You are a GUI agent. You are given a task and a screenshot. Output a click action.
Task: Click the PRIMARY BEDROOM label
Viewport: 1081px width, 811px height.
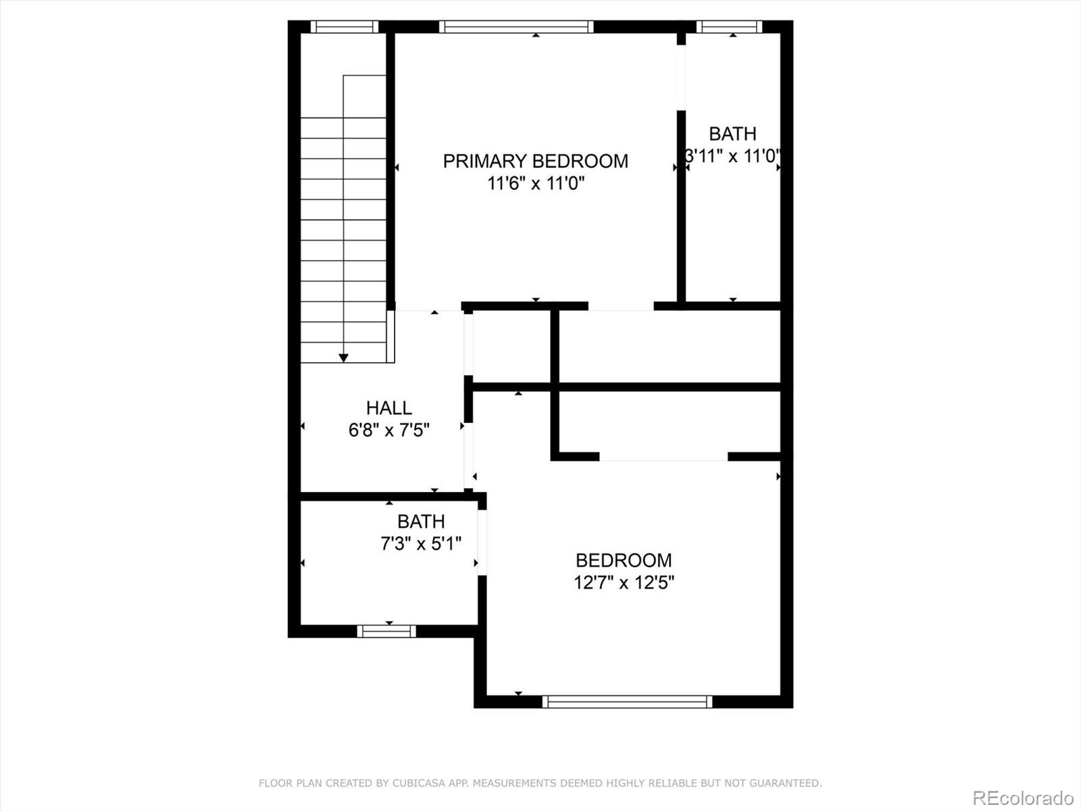point(535,161)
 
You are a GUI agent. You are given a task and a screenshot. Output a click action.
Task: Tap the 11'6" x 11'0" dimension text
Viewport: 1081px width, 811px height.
point(535,183)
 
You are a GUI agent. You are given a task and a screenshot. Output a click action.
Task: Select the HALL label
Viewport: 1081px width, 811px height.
point(388,408)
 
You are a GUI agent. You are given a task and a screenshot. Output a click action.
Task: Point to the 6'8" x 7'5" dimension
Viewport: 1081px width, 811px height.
point(388,430)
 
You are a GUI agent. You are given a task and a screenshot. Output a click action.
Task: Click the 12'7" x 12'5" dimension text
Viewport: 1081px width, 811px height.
point(624,582)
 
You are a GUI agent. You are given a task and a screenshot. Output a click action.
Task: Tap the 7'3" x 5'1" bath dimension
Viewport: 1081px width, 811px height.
point(421,543)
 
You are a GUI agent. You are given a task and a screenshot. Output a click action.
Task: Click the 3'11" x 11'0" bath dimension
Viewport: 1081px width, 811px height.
point(732,156)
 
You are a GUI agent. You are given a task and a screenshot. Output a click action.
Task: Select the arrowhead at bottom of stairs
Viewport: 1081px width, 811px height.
point(343,358)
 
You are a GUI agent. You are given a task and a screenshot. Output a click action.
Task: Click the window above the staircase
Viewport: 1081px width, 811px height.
point(344,27)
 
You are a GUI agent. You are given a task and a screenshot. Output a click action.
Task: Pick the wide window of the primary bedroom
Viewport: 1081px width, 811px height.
point(516,27)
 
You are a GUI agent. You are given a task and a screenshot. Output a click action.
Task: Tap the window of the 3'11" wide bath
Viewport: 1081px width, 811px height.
point(729,27)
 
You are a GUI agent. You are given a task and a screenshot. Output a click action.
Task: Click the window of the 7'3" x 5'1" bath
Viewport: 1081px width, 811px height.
point(386,631)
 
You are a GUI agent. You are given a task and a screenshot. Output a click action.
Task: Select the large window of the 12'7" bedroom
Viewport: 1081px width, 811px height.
point(627,702)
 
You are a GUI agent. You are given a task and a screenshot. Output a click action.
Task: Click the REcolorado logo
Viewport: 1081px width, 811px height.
point(1023,797)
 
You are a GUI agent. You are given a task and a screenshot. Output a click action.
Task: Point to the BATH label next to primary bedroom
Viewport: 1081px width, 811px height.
point(732,134)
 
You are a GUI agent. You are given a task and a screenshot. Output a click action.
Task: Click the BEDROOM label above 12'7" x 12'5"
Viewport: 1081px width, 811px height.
point(624,560)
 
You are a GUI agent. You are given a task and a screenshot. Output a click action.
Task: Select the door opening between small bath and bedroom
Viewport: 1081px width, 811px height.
point(482,543)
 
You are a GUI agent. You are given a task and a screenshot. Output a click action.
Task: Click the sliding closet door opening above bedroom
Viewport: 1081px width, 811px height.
point(663,457)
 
